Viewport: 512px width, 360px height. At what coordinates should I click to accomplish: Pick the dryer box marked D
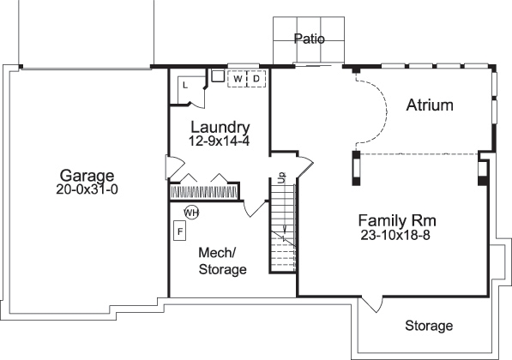(256, 79)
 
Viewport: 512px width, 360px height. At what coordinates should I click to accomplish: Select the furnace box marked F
(180, 231)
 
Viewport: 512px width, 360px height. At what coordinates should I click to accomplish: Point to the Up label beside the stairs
(280, 177)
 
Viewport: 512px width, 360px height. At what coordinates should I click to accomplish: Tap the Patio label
(308, 39)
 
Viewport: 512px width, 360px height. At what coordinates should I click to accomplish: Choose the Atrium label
(429, 105)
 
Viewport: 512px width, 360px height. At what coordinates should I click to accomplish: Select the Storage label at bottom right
(428, 326)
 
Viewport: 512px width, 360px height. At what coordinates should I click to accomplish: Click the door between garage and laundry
(173, 165)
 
